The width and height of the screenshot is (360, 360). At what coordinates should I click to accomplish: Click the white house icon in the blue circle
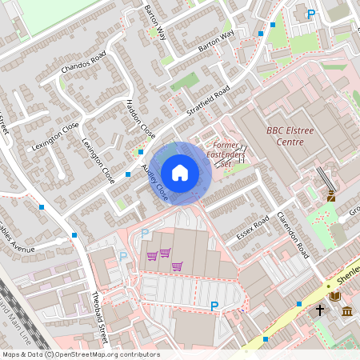pyautogui.click(x=180, y=172)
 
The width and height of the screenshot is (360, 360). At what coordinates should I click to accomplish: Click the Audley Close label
pyautogui.click(x=155, y=183)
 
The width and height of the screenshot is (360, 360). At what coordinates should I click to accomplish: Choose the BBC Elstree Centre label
pyautogui.click(x=285, y=136)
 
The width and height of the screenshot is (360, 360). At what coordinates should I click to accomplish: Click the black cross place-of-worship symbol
pyautogui.click(x=319, y=310)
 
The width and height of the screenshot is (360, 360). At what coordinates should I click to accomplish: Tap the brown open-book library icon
pyautogui.click(x=334, y=297)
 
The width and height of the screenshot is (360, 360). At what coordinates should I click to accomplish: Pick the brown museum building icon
pyautogui.click(x=347, y=310)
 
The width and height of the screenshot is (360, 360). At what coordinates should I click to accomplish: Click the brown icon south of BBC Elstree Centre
pyautogui.click(x=330, y=195)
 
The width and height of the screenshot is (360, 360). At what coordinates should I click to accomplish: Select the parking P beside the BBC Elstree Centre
pyautogui.click(x=311, y=14)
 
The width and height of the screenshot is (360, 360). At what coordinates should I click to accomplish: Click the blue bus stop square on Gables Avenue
pyautogui.click(x=74, y=235)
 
